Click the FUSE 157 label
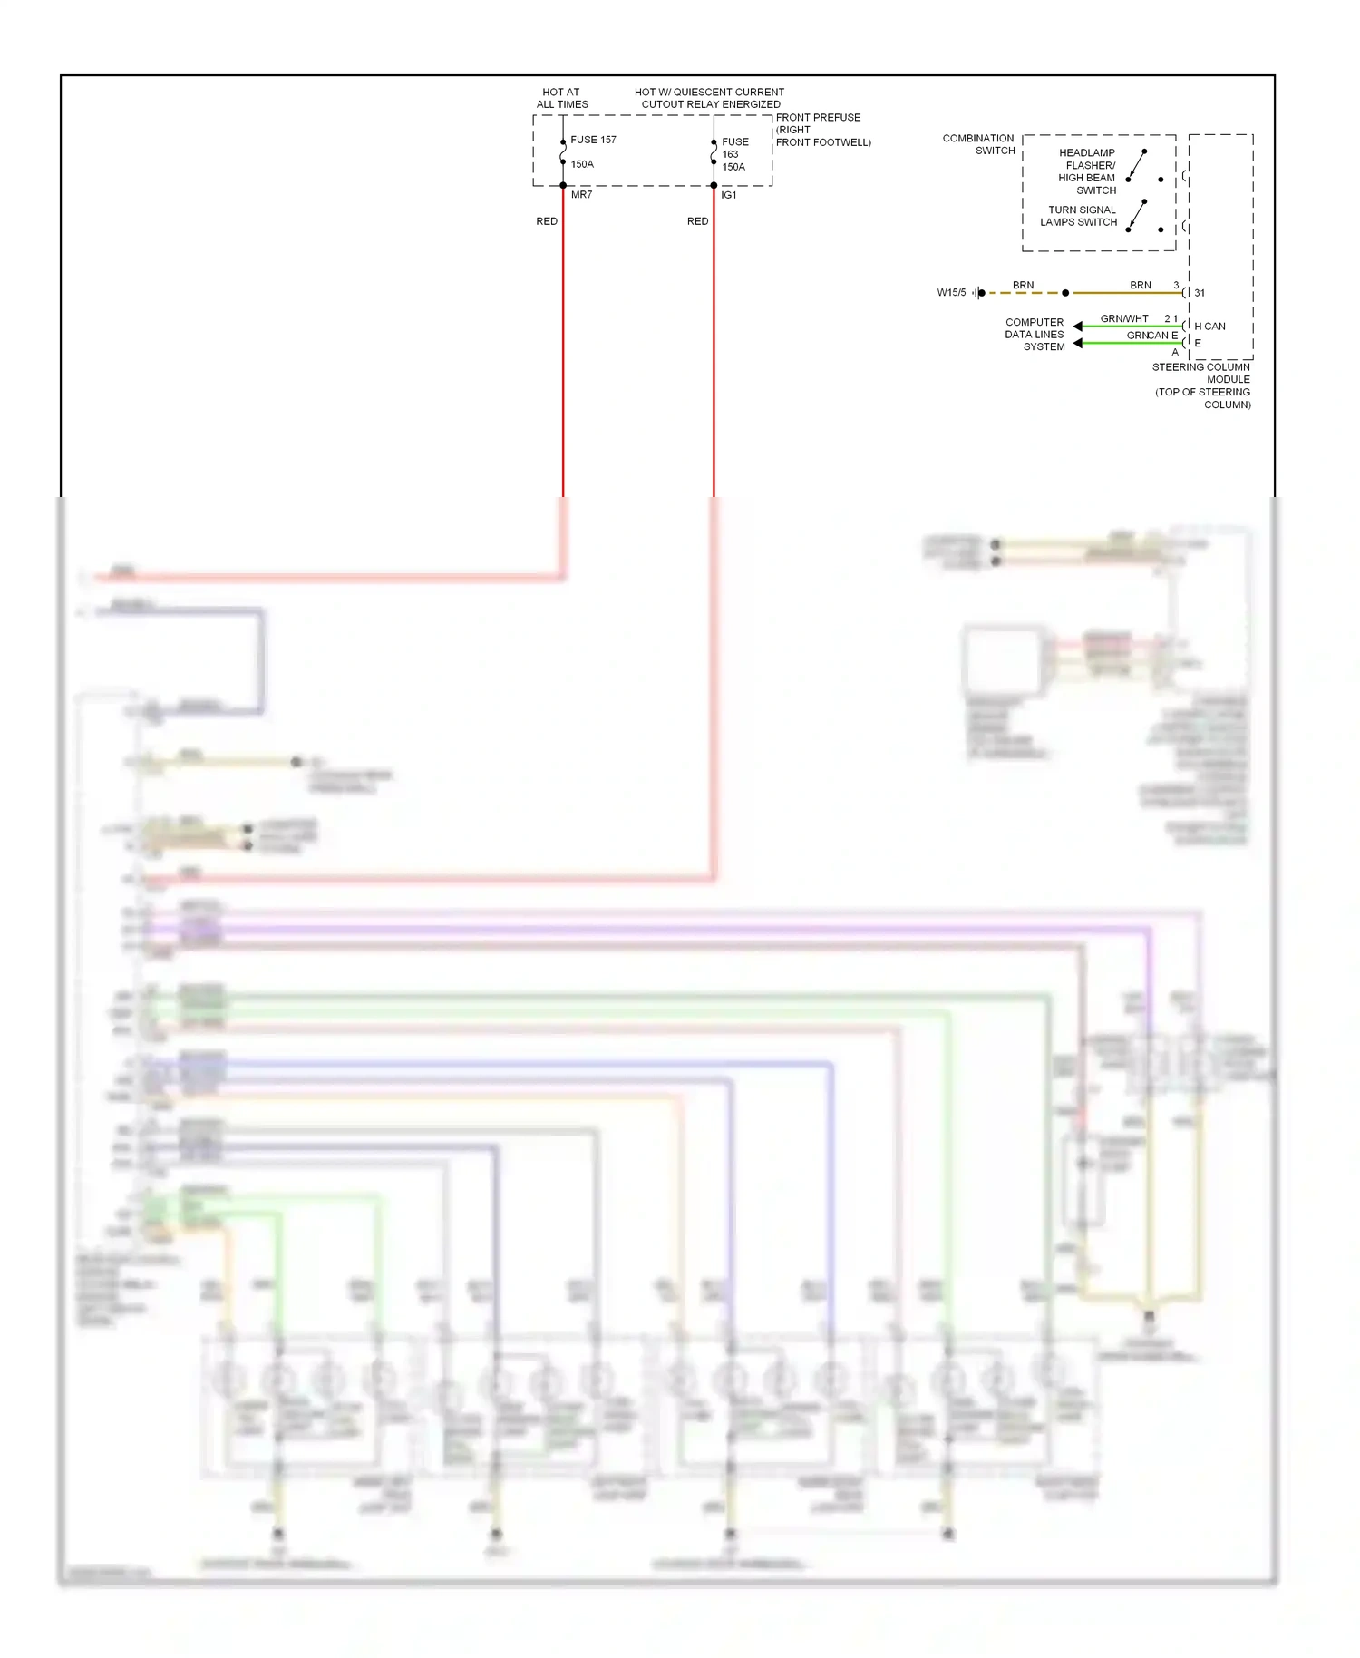coord(593,140)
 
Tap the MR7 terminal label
coord(581,195)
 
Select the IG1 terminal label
coord(729,196)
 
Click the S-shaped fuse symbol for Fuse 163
coord(714,155)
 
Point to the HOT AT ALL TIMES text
coord(562,98)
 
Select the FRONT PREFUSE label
coord(818,118)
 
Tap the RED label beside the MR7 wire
coord(547,221)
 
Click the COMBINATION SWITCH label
coord(978,144)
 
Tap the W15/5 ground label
coord(951,293)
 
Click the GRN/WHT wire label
coord(1124,318)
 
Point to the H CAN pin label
coord(1209,327)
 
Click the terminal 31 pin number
coord(1200,293)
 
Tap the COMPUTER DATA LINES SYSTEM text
coord(1035,335)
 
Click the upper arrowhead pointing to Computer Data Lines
coord(1078,327)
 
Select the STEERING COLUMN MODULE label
coord(1201,374)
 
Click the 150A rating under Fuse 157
coord(582,164)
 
